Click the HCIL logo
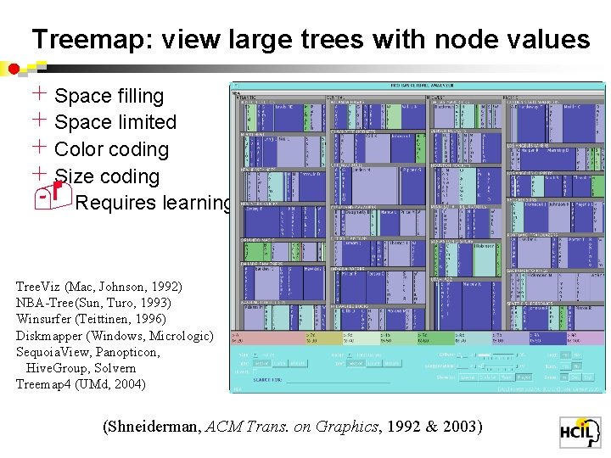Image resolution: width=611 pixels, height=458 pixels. tap(579, 433)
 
